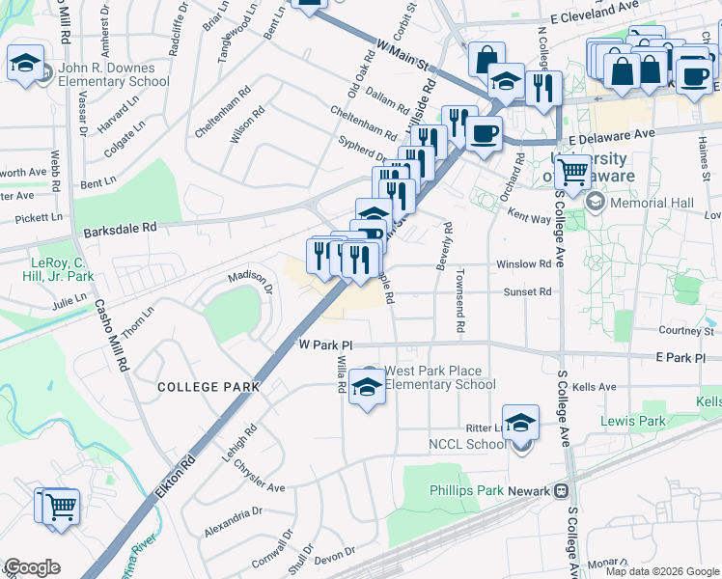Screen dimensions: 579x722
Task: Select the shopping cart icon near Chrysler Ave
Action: pyautogui.click(x=57, y=506)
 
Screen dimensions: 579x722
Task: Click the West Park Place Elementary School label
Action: pyautogui.click(x=440, y=377)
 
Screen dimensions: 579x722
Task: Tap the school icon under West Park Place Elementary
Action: pyautogui.click(x=366, y=386)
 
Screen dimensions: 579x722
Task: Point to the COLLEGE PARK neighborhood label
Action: pyautogui.click(x=209, y=387)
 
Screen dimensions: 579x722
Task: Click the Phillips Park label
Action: pyautogui.click(x=466, y=490)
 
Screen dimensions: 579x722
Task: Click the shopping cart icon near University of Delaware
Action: pyautogui.click(x=573, y=173)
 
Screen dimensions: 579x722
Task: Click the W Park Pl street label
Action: pyautogui.click(x=326, y=345)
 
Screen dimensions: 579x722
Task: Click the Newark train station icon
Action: pyautogui.click(x=560, y=490)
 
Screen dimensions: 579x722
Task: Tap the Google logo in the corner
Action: pyautogui.click(x=32, y=567)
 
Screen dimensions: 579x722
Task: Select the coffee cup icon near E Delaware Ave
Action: pyautogui.click(x=485, y=132)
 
